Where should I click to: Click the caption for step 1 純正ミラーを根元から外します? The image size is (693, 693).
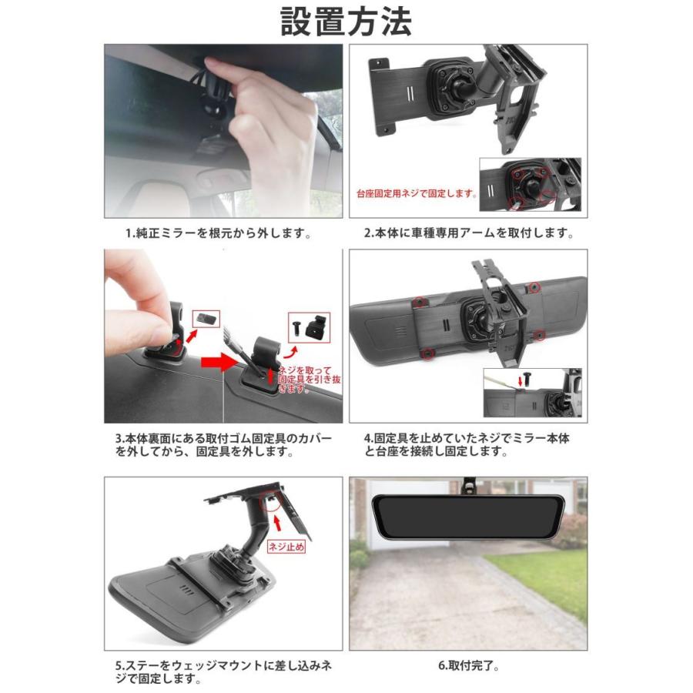click(x=219, y=233)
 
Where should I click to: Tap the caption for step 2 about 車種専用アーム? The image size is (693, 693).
click(x=469, y=233)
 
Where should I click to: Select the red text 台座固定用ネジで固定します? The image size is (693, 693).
click(x=416, y=194)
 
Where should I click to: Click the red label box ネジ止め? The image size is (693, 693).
click(x=286, y=547)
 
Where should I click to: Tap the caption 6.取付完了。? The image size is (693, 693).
click(x=467, y=664)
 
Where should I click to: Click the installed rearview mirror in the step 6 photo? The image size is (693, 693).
click(x=468, y=516)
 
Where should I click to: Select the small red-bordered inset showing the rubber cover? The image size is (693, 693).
click(x=206, y=318)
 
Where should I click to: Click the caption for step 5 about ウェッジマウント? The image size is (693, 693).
click(x=223, y=671)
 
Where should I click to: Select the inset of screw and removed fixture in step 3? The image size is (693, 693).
click(x=307, y=327)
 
